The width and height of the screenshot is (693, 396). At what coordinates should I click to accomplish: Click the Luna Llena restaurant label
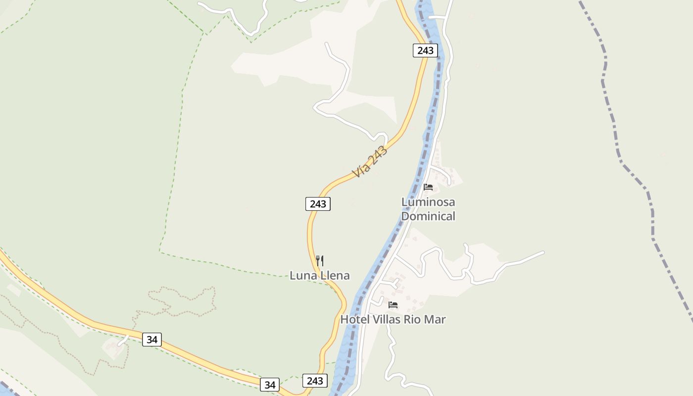tap(320, 276)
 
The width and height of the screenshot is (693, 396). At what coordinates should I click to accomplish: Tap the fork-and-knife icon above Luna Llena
tap(320, 261)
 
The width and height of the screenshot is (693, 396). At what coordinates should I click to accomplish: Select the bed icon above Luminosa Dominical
tap(428, 187)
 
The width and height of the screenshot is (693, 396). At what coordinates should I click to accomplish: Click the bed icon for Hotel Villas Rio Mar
tap(393, 305)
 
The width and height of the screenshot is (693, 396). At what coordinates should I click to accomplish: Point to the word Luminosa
tap(428, 202)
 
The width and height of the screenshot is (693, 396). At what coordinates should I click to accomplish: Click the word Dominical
tap(428, 216)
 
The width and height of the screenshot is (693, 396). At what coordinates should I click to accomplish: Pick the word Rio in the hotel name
tap(414, 320)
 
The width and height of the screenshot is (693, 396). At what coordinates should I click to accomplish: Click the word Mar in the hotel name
tap(436, 320)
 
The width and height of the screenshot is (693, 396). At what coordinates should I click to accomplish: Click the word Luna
tap(303, 276)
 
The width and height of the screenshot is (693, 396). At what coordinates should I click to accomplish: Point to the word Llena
tap(335, 276)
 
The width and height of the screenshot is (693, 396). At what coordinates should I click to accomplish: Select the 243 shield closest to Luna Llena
tap(318, 204)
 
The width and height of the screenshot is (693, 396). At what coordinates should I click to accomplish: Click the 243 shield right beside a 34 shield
tap(315, 381)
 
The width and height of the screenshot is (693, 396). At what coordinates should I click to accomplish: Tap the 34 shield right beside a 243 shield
tap(270, 385)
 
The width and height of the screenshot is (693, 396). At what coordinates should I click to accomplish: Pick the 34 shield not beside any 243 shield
tap(152, 340)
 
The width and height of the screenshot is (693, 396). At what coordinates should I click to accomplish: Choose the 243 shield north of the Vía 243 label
tap(425, 50)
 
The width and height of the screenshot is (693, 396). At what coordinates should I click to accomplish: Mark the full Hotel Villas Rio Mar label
tap(393, 320)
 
